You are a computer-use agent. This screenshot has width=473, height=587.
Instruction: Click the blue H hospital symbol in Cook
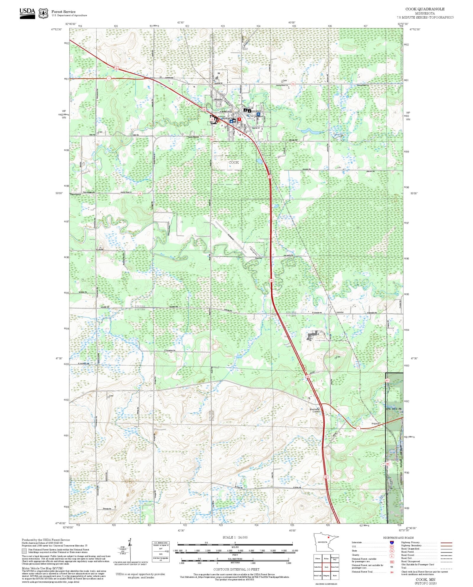258,114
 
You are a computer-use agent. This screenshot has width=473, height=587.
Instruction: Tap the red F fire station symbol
239,119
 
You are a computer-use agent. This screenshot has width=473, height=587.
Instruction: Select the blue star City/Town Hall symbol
231,121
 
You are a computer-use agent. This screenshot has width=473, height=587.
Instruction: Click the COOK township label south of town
234,163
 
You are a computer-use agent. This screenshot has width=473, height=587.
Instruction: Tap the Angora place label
375,424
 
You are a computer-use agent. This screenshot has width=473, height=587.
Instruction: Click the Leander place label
340,312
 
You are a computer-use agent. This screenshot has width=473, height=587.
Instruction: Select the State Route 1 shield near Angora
358,428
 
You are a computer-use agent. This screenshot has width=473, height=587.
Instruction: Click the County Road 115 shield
293,84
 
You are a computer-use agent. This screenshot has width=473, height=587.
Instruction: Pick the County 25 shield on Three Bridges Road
140,193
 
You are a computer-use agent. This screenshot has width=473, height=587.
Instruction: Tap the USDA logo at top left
27,13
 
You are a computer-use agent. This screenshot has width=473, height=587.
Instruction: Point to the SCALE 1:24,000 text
235,537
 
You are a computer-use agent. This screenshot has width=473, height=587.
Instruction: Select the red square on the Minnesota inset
328,537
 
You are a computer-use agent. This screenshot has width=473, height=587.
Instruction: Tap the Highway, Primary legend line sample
446,543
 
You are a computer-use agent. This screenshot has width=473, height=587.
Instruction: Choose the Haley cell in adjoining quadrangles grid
326,558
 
